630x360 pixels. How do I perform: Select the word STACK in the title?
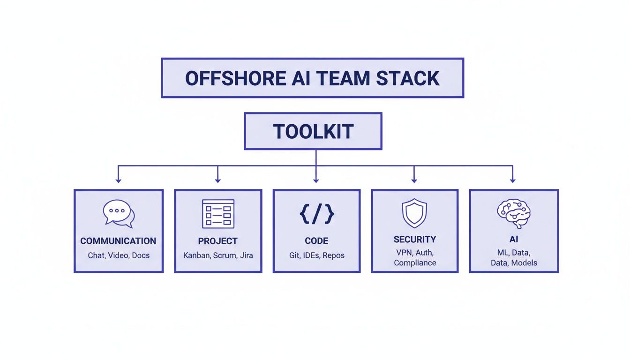(408, 78)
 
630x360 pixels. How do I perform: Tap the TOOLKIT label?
(313, 132)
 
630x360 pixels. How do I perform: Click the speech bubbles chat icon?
(119, 213)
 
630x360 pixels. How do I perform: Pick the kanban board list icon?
(218, 213)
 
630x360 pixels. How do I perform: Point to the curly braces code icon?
(316, 213)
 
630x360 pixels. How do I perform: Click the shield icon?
(414, 213)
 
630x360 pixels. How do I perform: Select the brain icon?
(513, 213)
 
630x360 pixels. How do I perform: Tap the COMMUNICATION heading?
(118, 241)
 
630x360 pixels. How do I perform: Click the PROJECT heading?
(218, 241)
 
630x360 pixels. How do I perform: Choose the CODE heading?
(316, 241)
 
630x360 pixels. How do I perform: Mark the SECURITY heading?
(415, 240)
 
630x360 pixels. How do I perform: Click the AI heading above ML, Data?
(514, 240)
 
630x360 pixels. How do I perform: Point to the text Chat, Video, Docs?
(119, 255)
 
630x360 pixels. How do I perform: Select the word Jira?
(246, 255)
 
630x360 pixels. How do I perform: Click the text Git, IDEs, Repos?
(316, 255)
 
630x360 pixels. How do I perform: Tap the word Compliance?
(415, 263)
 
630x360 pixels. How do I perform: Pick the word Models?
(524, 263)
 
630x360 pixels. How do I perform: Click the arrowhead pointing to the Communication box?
(119, 180)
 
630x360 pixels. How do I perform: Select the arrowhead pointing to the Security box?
(414, 180)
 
